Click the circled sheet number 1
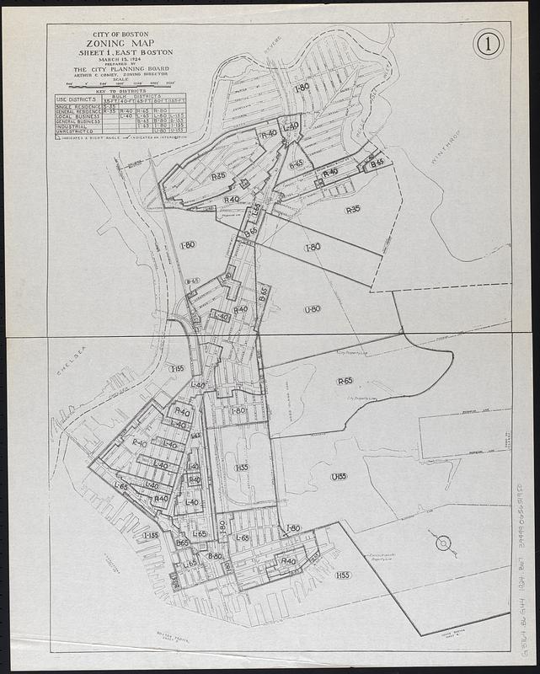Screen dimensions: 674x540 (x=488, y=43)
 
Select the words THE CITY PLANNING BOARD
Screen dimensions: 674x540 (x=120, y=71)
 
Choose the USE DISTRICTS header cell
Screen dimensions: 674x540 (x=78, y=100)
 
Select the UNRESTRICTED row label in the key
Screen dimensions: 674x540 (x=74, y=131)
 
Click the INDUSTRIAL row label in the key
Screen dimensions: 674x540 (x=72, y=126)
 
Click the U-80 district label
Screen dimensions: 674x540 (x=313, y=309)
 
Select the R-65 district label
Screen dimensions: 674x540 (x=345, y=381)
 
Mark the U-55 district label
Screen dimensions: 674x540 (x=339, y=476)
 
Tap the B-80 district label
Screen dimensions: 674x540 (x=215, y=556)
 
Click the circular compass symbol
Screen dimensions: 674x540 (x=442, y=543)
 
